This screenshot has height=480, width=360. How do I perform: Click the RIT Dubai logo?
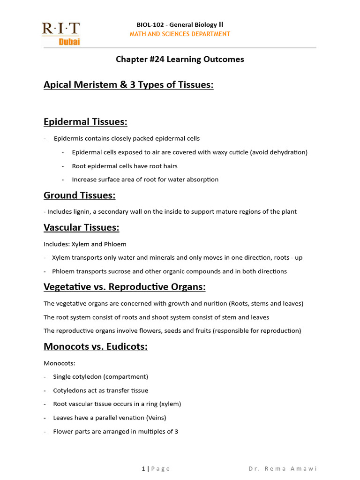pyautogui.click(x=61, y=33)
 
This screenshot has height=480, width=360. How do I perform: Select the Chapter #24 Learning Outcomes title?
pyautogui.click(x=180, y=60)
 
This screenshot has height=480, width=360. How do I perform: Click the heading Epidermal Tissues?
pyautogui.click(x=85, y=122)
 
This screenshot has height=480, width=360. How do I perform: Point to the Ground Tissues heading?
pyautogui.click(x=79, y=195)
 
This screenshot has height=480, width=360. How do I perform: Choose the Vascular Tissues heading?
pyautogui.click(x=81, y=228)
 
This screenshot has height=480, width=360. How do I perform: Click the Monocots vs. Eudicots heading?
pyautogui.click(x=96, y=347)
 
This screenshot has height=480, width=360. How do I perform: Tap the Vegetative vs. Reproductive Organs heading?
pyautogui.click(x=125, y=287)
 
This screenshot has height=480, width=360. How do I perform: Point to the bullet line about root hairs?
pyautogui.click(x=125, y=166)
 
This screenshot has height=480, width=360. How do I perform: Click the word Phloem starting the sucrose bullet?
pyautogui.click(x=62, y=271)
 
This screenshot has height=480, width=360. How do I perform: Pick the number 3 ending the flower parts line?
pyautogui.click(x=176, y=431)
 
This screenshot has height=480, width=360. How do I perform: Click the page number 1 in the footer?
pyautogui.click(x=143, y=469)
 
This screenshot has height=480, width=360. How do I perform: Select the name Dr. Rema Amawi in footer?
pyautogui.click(x=283, y=469)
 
